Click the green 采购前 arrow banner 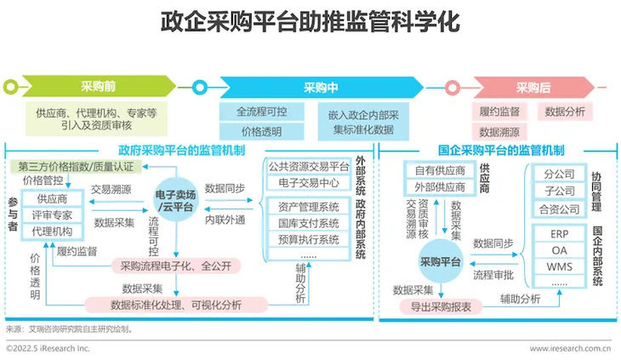(x=99, y=86)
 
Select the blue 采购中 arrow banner (x=322, y=88)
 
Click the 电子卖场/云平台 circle (x=175, y=200)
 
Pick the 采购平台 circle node (x=441, y=261)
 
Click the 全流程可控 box (x=262, y=111)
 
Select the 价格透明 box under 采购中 (x=262, y=131)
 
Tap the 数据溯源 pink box (x=499, y=132)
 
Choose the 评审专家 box (x=52, y=215)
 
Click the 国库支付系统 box (x=309, y=223)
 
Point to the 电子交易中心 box (x=309, y=183)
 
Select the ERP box (x=559, y=234)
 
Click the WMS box (x=559, y=266)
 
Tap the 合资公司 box (x=559, y=209)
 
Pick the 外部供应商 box (x=440, y=187)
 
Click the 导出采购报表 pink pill (x=441, y=306)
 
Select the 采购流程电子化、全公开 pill (x=176, y=266)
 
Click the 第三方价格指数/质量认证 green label (x=76, y=167)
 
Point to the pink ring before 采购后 (x=453, y=88)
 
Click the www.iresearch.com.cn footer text (x=570, y=349)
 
